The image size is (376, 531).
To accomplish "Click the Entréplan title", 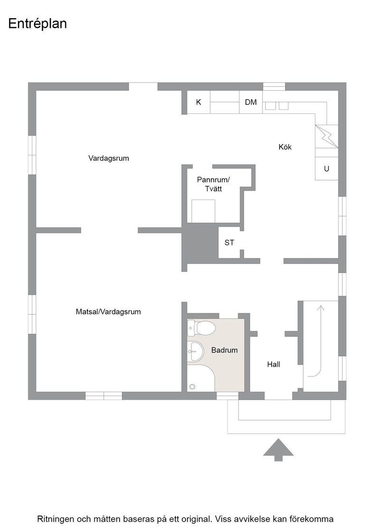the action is tap(38, 24).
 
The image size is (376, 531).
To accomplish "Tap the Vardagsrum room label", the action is tap(109, 158).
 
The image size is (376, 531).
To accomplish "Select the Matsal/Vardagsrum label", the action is tap(108, 311).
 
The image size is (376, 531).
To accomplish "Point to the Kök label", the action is tap(285, 147).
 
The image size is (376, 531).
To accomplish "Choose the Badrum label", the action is tap(225, 350).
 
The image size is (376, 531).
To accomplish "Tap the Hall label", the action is tap(273, 365).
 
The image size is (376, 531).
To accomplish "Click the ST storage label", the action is tap(229, 242).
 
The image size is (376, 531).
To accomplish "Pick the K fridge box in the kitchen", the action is tap(198, 102).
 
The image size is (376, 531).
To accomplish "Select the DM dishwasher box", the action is tap(251, 102).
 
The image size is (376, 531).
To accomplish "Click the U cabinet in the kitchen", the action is tap(327, 169).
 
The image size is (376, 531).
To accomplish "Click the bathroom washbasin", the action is tap(195, 351).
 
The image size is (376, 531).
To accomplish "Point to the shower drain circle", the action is tap(193, 386).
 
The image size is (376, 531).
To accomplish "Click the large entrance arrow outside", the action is tap(278, 450).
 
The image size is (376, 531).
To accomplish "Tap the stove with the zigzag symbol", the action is tap(327, 136).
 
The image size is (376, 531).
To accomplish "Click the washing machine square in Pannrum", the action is tap(203, 211).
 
